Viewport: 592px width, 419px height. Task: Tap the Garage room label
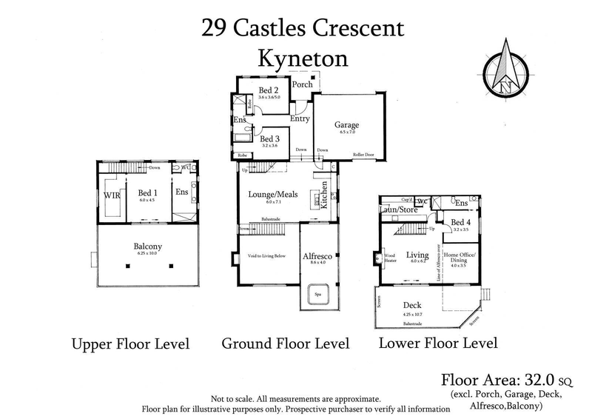point(346,125)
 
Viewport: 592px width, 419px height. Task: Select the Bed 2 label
point(269,91)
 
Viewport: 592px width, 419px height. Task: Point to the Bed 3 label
point(270,138)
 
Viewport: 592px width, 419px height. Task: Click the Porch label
point(302,84)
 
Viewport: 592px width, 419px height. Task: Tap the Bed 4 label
point(460,223)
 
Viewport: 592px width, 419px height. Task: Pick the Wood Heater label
point(389,258)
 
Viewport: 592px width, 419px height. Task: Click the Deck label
point(412,305)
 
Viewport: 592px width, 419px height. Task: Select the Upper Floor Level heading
point(130,344)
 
